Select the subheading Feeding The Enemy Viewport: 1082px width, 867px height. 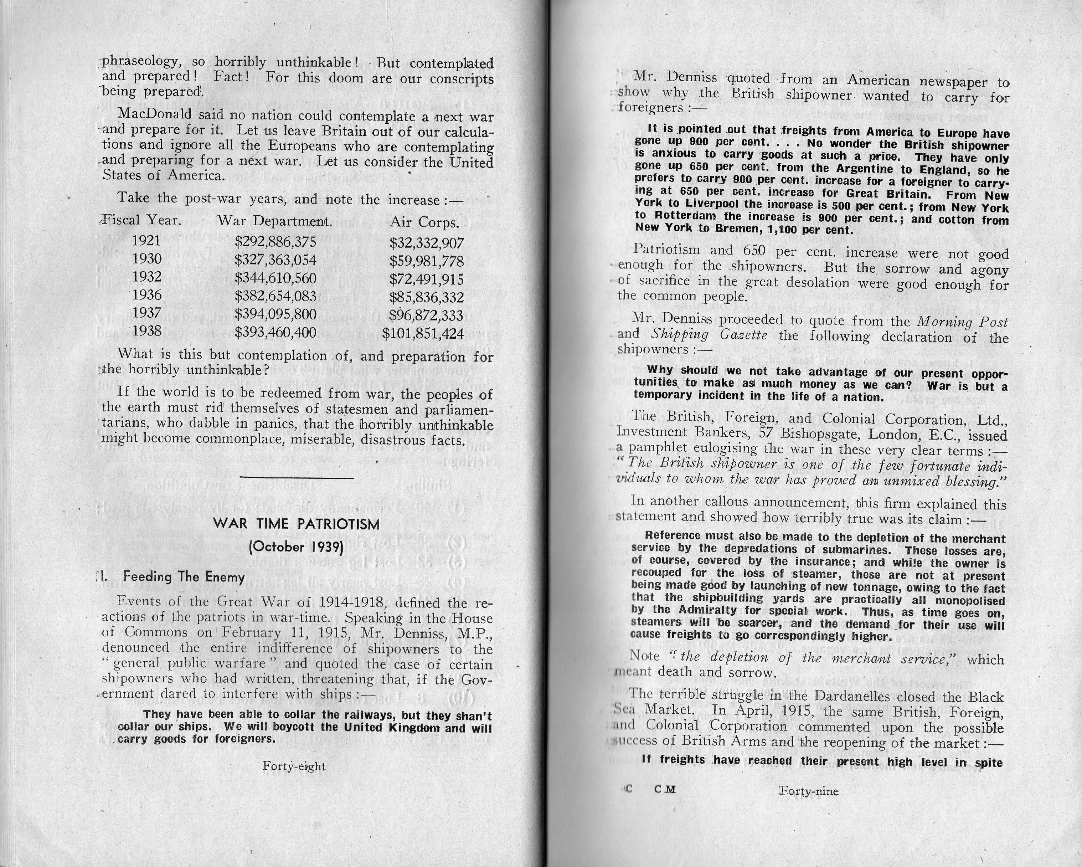184,577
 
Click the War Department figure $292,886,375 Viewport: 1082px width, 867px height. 275,242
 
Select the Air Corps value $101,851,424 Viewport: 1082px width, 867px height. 423,333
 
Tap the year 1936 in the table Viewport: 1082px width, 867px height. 146,295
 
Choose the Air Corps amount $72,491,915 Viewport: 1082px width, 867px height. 426,279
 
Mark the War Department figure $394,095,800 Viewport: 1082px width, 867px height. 275,315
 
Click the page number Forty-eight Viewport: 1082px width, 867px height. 294,766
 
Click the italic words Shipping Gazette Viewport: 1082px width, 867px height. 709,335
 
